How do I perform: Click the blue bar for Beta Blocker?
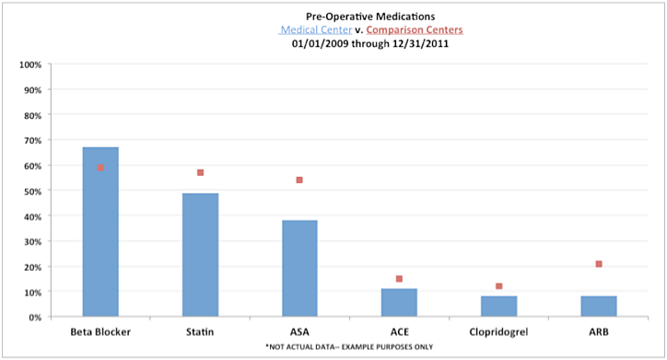pos(100,232)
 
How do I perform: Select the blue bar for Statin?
pos(200,255)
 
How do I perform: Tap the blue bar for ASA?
pos(299,268)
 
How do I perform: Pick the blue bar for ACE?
pos(399,302)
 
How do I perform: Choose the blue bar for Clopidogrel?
pos(498,306)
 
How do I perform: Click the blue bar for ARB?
pos(598,306)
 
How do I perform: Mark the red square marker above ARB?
pos(599,264)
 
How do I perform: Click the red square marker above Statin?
pos(200,173)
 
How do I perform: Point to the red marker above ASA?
pos(299,180)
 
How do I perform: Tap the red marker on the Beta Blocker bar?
pos(100,168)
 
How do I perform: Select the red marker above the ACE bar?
pos(399,279)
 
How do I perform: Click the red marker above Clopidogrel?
pos(498,286)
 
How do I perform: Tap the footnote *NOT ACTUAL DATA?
pos(333,346)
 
